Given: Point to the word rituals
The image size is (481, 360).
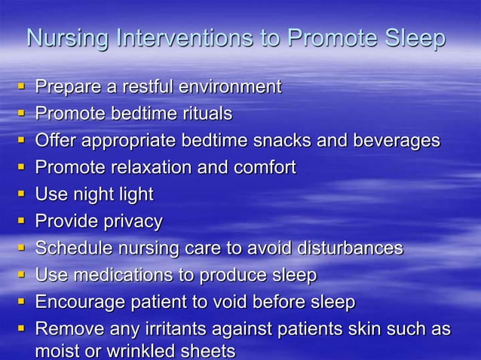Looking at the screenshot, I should pos(205,114).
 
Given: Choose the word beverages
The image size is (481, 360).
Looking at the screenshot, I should pos(399,141).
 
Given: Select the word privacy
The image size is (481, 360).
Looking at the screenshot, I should pos(132,221).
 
